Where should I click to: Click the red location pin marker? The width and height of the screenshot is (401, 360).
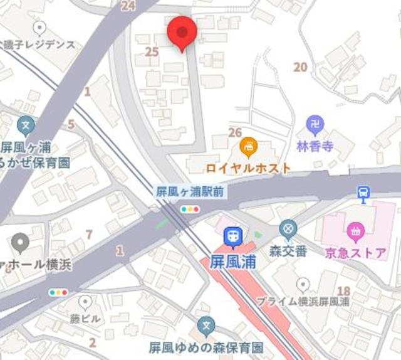tap(182, 31)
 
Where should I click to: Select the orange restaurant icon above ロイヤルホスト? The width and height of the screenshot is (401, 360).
tap(249, 147)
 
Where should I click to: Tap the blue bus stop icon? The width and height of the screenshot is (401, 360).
tap(363, 193)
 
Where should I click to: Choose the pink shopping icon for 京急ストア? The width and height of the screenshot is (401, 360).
tap(355, 231)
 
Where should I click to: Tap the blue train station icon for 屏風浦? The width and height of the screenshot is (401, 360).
tap(232, 236)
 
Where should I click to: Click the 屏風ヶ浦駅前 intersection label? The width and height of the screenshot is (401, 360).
tap(189, 193)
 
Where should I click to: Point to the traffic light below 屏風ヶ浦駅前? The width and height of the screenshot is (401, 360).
tap(189, 209)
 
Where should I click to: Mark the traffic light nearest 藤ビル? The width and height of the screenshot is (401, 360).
tap(58, 292)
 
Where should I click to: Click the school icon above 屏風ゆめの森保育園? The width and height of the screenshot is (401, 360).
tap(206, 326)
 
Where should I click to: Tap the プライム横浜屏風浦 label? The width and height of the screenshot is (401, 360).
tap(303, 301)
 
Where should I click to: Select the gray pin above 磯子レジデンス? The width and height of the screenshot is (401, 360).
tap(41, 28)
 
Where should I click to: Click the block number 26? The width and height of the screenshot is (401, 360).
tap(236, 132)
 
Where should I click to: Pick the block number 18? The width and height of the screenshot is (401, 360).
tap(343, 290)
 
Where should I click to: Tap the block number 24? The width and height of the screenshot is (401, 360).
tap(128, 6)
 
